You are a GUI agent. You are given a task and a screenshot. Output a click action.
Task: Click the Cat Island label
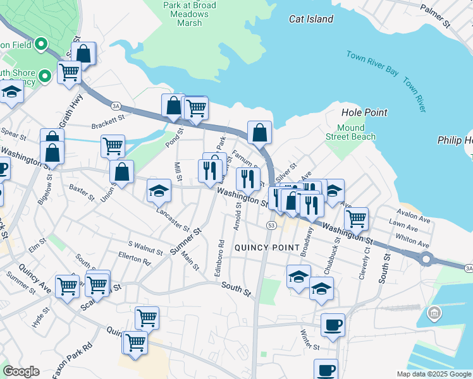tap(311, 19)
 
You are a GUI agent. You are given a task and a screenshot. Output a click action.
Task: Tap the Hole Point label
tap(364, 112)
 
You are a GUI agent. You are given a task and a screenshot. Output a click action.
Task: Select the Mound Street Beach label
tap(350, 132)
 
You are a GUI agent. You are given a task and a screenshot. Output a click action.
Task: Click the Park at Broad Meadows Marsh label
tap(190, 14)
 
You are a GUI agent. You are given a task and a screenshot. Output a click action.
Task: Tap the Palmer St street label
tap(436, 16)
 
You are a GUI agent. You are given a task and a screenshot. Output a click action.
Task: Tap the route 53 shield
tap(271, 226)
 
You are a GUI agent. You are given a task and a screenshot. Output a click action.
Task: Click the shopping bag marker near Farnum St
tap(259, 133)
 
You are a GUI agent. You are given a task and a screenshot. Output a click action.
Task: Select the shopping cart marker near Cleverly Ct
tap(357, 219)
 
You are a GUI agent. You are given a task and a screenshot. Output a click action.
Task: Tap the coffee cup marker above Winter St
tap(333, 325)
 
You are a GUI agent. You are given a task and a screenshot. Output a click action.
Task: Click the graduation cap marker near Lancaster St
tap(159, 190)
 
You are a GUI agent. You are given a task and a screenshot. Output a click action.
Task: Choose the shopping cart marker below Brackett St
tap(113, 146)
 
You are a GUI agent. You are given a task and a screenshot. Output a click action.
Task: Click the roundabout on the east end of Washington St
tap(426, 258)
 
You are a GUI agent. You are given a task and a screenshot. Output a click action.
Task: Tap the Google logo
tap(21, 371)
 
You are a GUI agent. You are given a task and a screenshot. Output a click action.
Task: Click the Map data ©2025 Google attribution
tap(433, 374)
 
